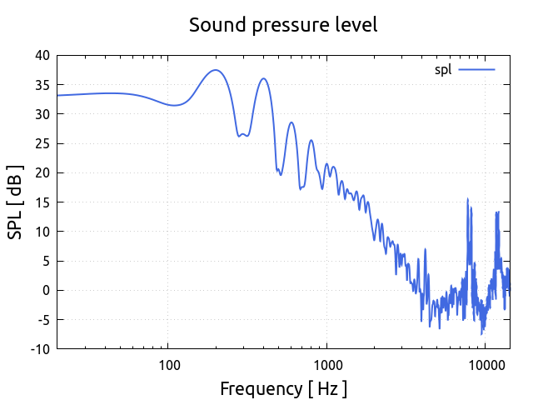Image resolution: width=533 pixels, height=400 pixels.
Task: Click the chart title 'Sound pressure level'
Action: pyautogui.click(x=283, y=25)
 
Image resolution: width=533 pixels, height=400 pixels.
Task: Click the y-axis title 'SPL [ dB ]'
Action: pyautogui.click(x=16, y=202)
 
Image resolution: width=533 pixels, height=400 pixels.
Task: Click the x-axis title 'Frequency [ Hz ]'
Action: pyautogui.click(x=283, y=388)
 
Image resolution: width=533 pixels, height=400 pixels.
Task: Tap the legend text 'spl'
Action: pyautogui.click(x=443, y=70)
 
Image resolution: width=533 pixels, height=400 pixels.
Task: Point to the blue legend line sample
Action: pyautogui.click(x=476, y=70)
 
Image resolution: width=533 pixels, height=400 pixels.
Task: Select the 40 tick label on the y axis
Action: pyautogui.click(x=42, y=56)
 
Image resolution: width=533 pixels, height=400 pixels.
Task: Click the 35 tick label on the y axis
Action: pyautogui.click(x=42, y=85)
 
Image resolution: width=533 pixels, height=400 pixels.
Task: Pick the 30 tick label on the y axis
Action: pyautogui.click(x=42, y=114)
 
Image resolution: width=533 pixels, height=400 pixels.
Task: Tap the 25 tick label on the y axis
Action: pyautogui.click(x=42, y=143)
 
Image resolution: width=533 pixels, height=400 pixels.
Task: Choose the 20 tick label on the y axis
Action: pyautogui.click(x=42, y=173)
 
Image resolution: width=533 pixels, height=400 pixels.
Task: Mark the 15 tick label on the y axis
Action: pyautogui.click(x=42, y=202)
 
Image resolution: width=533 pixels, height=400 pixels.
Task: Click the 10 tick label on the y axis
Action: pyautogui.click(x=42, y=232)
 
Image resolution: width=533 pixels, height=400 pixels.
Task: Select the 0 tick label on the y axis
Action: pyautogui.click(x=46, y=291)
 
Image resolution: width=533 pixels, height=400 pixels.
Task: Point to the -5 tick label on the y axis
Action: pyautogui.click(x=42, y=320)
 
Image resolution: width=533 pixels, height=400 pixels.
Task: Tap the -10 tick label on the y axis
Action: pyautogui.click(x=40, y=349)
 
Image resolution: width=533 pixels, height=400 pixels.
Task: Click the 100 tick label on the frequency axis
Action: pyautogui.click(x=168, y=364)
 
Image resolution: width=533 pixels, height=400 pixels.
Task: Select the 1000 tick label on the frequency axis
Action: pyautogui.click(x=326, y=364)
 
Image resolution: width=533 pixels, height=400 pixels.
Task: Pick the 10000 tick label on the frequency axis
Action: pyautogui.click(x=485, y=364)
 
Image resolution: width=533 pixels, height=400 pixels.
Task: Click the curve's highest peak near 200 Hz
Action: pyautogui.click(x=216, y=70)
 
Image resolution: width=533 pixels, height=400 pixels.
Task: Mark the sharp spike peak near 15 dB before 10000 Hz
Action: pyautogui.click(x=467, y=199)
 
